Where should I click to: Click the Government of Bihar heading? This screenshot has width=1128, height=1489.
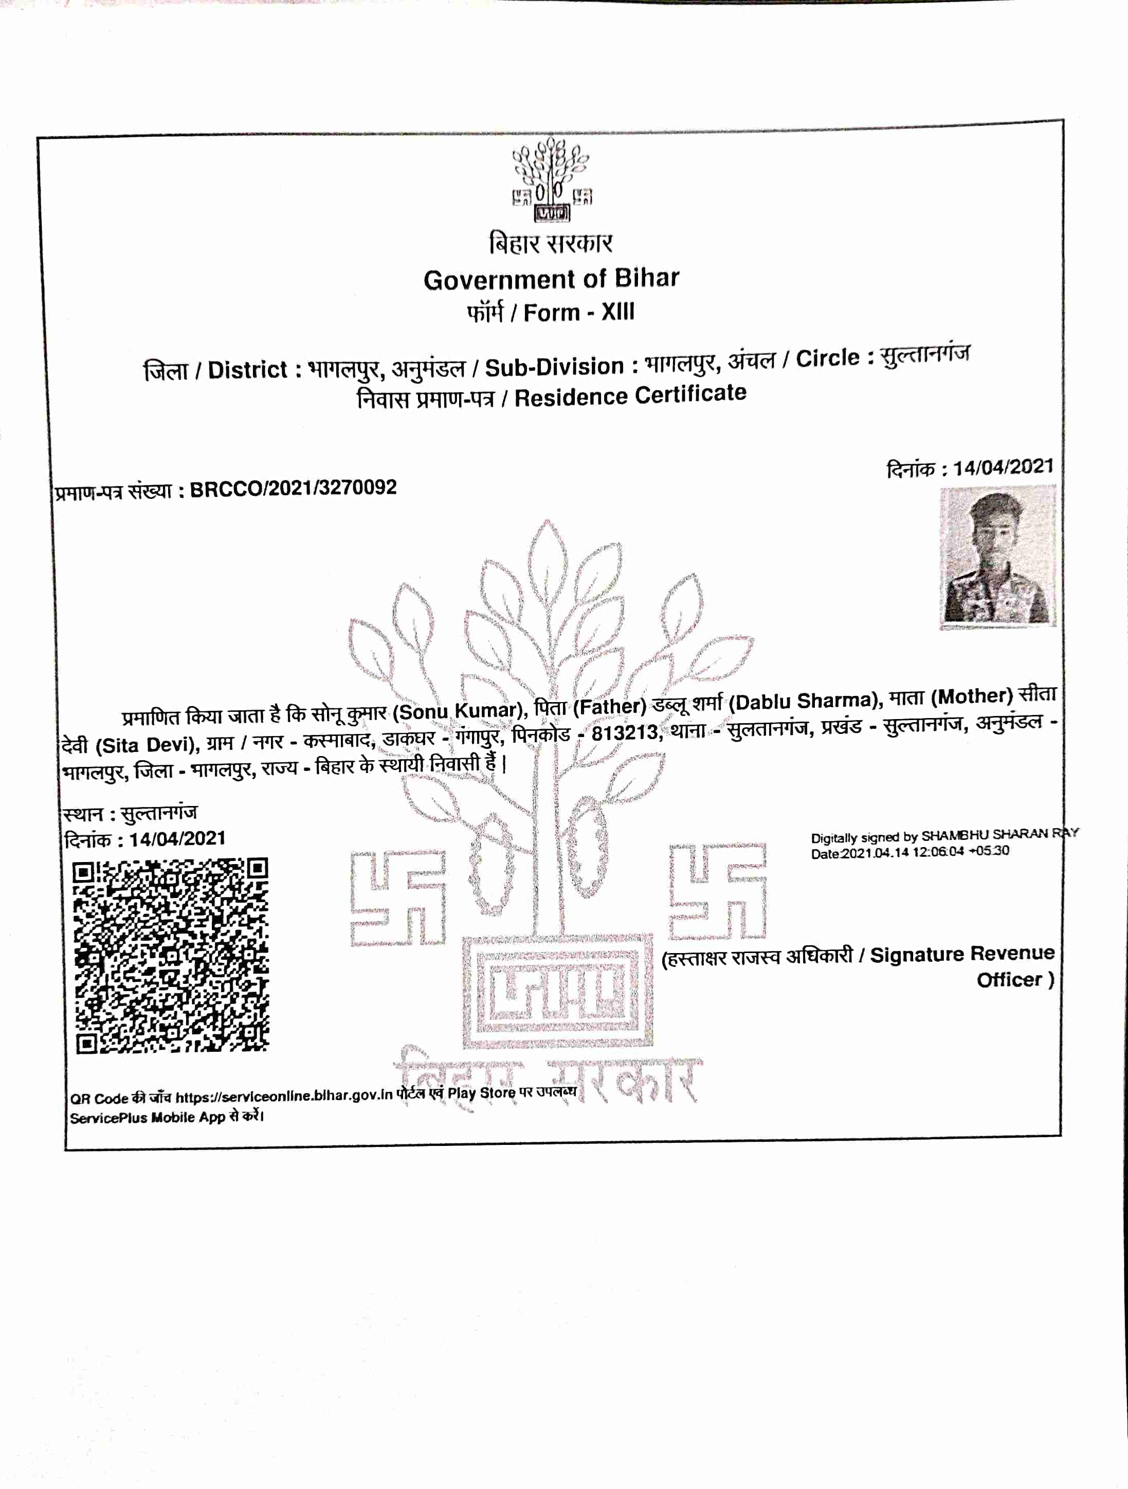551,279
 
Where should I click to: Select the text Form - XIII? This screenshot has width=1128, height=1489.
579,312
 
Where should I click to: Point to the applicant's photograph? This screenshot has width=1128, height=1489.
997,558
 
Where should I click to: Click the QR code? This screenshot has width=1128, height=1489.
171,955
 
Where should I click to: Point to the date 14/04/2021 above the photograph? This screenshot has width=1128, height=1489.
1003,467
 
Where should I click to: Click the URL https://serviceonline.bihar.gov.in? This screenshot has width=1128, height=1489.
283,1097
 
